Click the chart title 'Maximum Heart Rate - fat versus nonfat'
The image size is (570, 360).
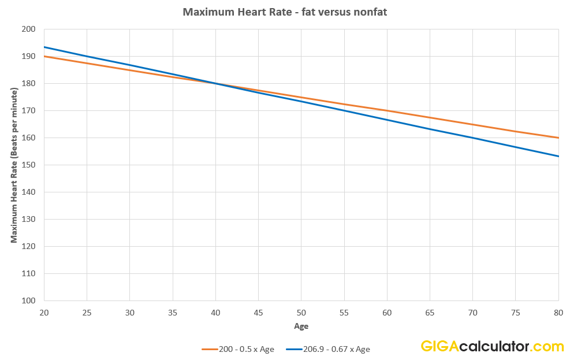[x=285, y=12]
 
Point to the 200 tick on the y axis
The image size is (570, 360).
[x=29, y=29]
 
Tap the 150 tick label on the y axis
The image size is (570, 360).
[x=29, y=165]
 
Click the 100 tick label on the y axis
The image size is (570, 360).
[x=29, y=300]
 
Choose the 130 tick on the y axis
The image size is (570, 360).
[x=29, y=219]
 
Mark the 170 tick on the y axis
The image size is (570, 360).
[x=29, y=110]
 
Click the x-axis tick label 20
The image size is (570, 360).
[x=44, y=313]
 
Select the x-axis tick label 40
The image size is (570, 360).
[x=215, y=313]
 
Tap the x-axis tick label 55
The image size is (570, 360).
[x=344, y=313]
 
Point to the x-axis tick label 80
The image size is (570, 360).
[x=558, y=313]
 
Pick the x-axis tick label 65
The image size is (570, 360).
[x=430, y=313]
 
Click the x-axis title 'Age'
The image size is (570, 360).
[x=301, y=326]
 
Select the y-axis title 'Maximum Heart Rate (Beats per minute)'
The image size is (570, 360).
[x=14, y=165]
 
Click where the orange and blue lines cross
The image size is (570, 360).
[x=215, y=83]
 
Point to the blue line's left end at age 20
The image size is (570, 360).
[x=44, y=47]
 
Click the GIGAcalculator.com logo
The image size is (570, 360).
[x=491, y=347]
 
